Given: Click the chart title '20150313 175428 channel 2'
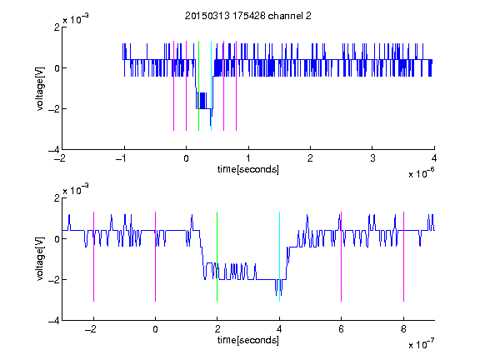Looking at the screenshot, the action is [248, 16].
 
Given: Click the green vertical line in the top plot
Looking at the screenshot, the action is [198, 86].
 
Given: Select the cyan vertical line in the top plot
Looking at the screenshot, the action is [211, 86].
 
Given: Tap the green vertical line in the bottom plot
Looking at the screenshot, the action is [217, 257].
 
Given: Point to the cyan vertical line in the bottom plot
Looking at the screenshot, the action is [279, 257].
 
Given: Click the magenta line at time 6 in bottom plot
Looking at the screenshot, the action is [342, 257].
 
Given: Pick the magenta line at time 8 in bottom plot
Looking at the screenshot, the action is [404, 257].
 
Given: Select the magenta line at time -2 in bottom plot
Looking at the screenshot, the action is [93, 257].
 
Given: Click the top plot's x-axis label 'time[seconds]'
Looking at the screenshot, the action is [248, 169].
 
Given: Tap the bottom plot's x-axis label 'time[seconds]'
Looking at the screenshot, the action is [248, 340].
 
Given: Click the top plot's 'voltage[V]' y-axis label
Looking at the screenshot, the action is [40, 89].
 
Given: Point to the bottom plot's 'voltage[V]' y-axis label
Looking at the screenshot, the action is [40, 259].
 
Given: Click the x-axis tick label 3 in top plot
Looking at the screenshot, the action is [372, 158].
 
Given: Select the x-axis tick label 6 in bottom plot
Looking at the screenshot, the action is [342, 329].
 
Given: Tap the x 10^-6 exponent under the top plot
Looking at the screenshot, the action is [422, 173].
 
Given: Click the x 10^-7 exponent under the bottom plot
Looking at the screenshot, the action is [422, 344].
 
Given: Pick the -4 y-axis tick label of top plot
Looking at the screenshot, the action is [54, 150].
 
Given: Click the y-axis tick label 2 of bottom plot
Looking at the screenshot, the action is [57, 197].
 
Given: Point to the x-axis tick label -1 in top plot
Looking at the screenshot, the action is [122, 158].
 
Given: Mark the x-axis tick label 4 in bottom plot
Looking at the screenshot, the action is [279, 329].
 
